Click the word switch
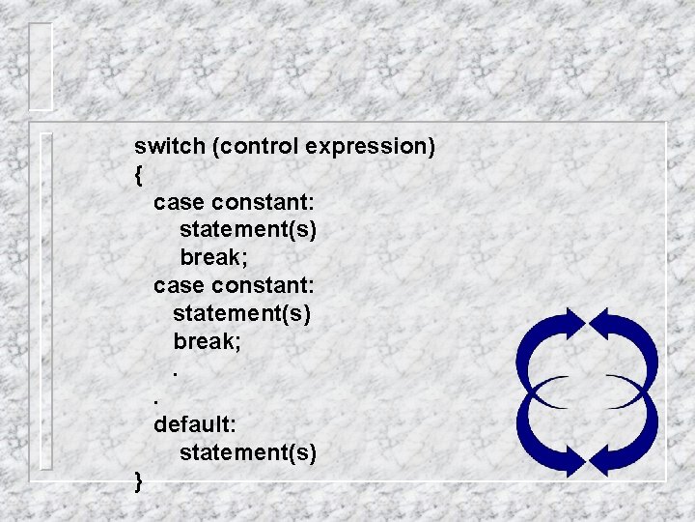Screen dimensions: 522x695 coord(170,147)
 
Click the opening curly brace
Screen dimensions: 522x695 coord(139,176)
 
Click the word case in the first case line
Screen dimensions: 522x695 coord(179,203)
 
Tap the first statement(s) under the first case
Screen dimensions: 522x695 coord(247,231)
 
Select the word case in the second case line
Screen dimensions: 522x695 coord(179,286)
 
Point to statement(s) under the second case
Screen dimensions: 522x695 coord(242,314)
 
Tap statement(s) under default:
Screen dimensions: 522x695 coord(247,452)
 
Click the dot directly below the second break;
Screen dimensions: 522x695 coord(176,374)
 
